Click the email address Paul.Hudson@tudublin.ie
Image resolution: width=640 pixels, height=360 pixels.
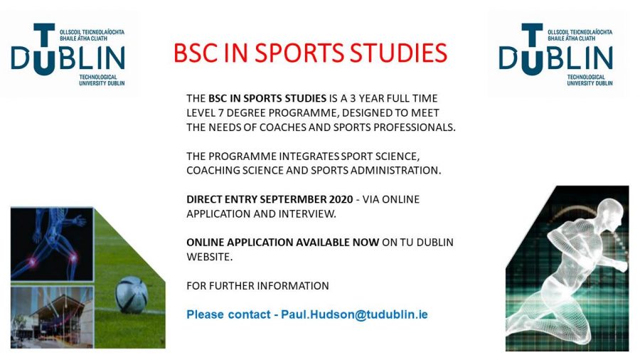(354, 314)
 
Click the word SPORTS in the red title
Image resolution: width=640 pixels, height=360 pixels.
(299, 53)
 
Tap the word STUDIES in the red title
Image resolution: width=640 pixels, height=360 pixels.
(398, 53)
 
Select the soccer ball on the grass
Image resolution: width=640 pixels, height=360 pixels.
(131, 295)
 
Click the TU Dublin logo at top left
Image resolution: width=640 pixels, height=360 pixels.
(68, 54)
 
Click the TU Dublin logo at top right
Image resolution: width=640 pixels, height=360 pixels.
(555, 54)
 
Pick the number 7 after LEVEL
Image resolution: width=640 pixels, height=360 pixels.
(220, 113)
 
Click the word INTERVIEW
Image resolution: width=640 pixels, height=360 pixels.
(312, 214)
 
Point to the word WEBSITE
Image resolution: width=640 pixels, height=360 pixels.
(209, 257)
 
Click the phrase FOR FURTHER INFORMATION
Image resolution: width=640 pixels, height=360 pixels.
(257, 286)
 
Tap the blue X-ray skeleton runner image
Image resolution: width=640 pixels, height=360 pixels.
(52, 244)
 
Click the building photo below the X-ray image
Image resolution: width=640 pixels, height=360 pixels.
(52, 317)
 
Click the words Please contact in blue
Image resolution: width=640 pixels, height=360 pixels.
(228, 314)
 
